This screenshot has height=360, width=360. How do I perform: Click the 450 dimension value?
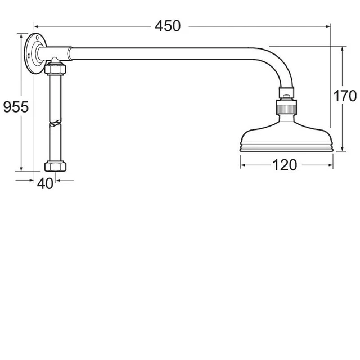[x=168, y=26]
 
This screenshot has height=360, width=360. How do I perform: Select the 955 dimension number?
[x=16, y=107]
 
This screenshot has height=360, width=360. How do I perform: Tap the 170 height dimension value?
[x=344, y=96]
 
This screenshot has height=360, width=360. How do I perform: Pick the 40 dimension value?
[x=45, y=183]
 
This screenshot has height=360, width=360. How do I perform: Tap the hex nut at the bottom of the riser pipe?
[x=55, y=166]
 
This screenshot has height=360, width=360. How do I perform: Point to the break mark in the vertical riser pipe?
[x=55, y=123]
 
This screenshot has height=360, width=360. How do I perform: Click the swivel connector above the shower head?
[x=286, y=106]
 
